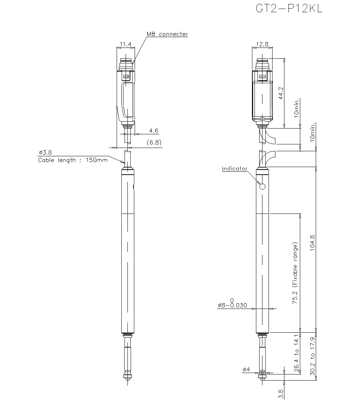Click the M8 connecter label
coord(167,34)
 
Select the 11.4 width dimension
coord(125,44)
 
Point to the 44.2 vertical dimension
coord(281,93)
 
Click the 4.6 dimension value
coord(154,130)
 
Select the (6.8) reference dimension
coord(154,142)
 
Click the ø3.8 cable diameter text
coord(45,152)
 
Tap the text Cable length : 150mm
coord(73,160)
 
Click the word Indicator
coord(234,169)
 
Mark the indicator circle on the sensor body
coord(262,187)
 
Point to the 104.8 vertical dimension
coord(312,243)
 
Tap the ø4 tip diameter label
coord(246,369)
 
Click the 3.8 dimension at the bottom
coord(281,393)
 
